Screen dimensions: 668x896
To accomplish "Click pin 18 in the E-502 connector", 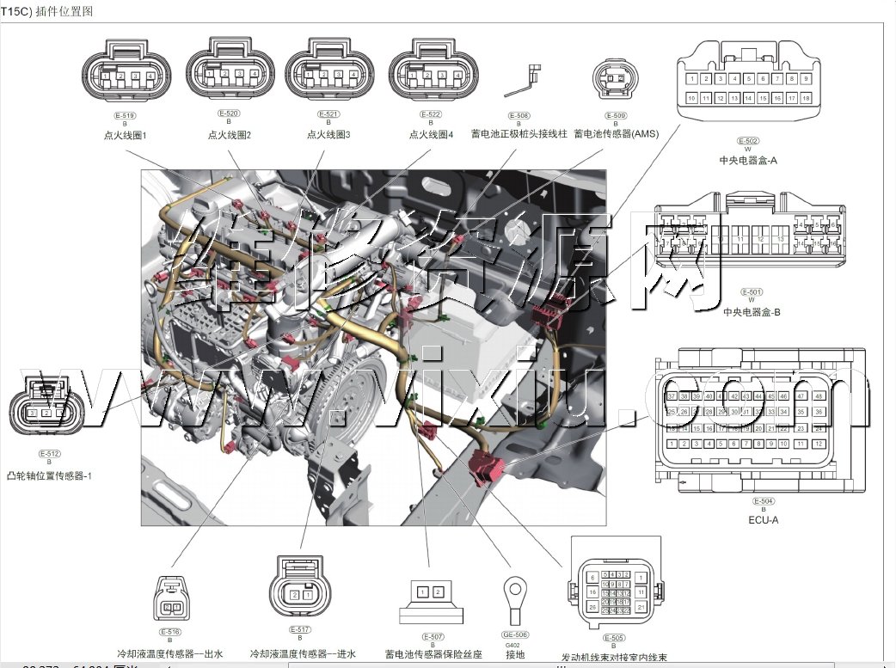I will pos(806,99).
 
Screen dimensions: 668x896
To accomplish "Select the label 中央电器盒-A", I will pos(749,160).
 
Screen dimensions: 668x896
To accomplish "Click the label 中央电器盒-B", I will pos(751,312).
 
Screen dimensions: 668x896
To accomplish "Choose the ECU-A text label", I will pos(763,519).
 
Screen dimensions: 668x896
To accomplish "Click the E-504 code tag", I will pos(763,501).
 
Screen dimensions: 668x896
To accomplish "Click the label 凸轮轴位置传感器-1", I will pos(49,475).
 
